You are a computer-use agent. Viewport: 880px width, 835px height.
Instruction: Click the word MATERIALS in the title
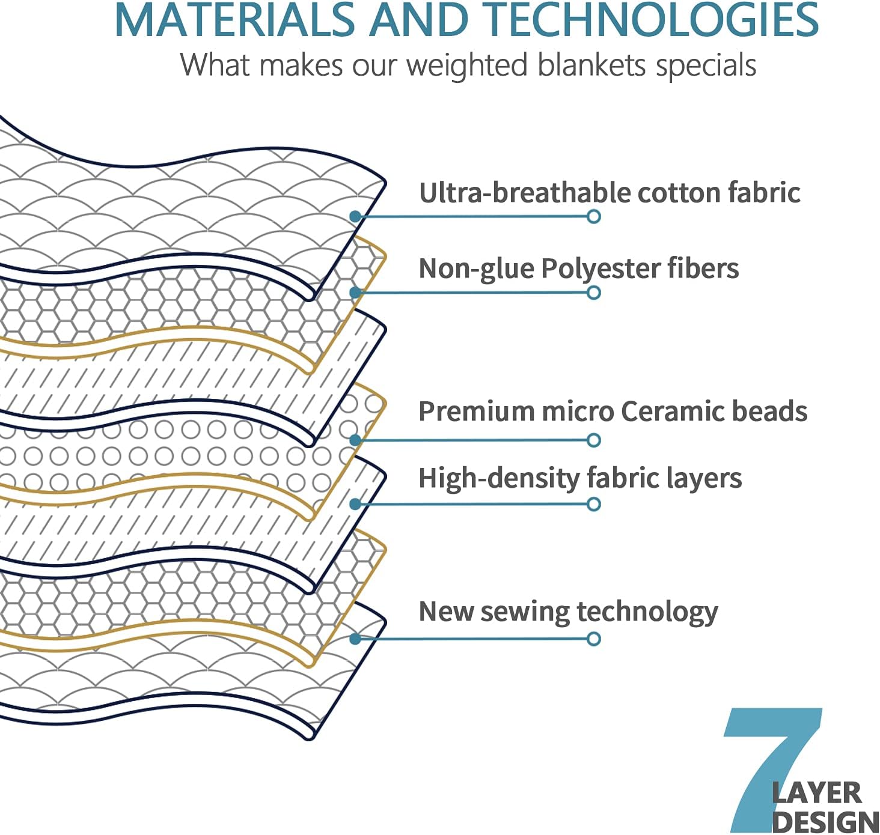(235, 20)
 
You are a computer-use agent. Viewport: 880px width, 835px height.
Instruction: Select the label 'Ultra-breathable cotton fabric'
(609, 193)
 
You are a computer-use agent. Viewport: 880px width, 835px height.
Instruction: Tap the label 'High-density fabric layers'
(580, 478)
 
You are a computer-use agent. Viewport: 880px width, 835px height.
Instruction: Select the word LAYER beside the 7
(816, 794)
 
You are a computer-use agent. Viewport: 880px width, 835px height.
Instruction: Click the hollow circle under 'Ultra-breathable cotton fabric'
(593, 217)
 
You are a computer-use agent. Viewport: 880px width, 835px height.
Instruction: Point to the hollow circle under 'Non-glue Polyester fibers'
(593, 293)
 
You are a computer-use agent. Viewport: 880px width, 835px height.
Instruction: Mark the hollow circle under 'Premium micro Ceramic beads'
(593, 440)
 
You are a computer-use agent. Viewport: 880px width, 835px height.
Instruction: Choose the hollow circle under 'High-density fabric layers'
(593, 505)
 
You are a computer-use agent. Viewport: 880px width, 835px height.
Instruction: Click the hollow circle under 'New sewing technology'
(593, 639)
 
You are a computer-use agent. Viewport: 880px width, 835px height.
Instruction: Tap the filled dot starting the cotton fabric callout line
(355, 217)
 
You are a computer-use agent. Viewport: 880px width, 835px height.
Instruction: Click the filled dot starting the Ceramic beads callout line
(355, 440)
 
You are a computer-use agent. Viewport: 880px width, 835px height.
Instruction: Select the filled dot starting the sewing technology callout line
(355, 639)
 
